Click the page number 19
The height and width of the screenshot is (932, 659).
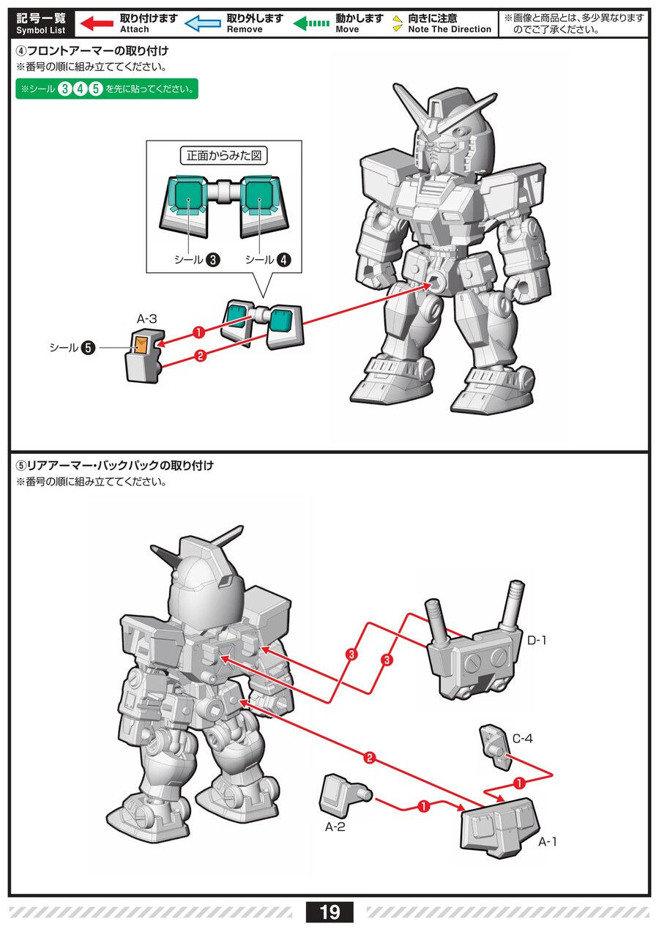pos(329,912)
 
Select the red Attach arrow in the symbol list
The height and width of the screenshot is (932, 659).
pos(96,23)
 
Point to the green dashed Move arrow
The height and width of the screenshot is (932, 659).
pos(311,23)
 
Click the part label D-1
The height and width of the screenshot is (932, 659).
pos(537,641)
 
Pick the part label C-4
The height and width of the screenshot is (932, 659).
pos(522,739)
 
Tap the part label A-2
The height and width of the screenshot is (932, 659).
pos(335,827)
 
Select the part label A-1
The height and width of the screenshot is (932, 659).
pos(548,842)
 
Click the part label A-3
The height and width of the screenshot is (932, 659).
pos(147,318)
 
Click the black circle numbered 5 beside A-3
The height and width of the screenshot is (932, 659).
pos(88,348)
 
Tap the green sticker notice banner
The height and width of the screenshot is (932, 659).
pos(107,89)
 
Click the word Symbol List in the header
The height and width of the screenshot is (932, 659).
pos(40,31)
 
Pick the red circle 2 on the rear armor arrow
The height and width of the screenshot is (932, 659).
pos(370,758)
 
